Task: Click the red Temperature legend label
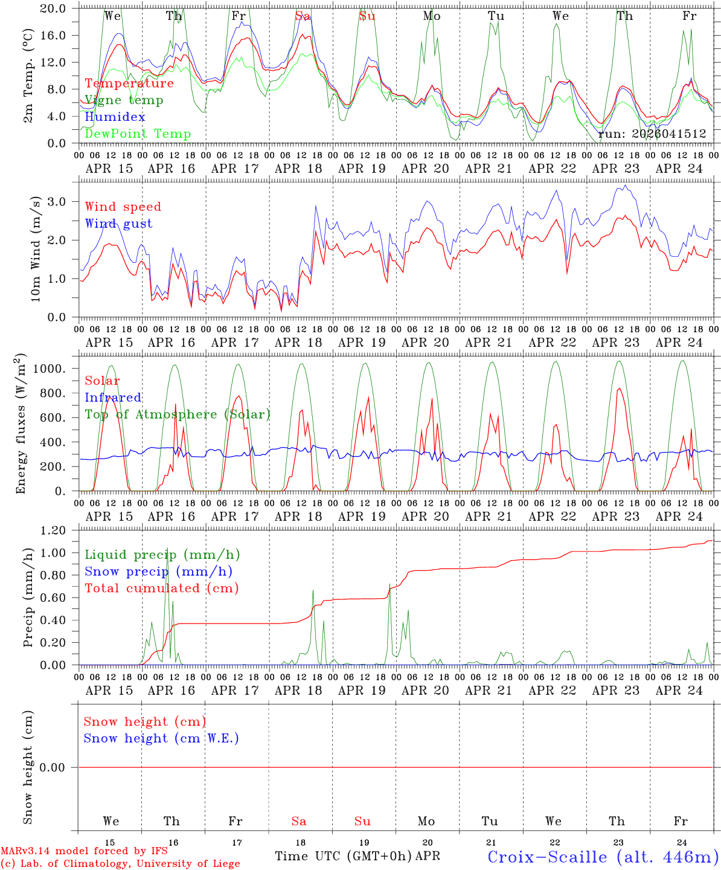(129, 83)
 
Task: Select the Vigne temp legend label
(124, 100)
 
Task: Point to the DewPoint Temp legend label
(138, 134)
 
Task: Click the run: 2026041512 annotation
(652, 134)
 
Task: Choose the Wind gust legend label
(118, 224)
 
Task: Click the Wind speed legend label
(123, 207)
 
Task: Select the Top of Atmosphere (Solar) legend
(178, 414)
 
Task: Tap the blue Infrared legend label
(113, 398)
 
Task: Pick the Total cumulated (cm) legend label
(161, 588)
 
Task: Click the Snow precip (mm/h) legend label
(158, 572)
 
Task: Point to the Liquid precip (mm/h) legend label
(162, 555)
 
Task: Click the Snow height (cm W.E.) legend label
(161, 738)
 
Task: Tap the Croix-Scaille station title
(603, 857)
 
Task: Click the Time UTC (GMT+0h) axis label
(343, 856)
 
